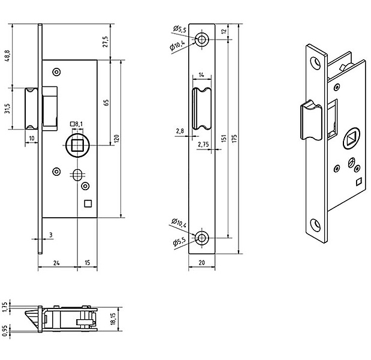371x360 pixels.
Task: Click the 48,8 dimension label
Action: (7, 56)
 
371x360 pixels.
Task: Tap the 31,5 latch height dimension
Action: (7, 108)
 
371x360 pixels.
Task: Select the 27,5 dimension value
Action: (105, 41)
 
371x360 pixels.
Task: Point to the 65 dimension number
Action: (107, 103)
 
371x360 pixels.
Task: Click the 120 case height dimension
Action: (117, 139)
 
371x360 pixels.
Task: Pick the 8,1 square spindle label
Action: (77, 124)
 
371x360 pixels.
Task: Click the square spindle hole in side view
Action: (77, 145)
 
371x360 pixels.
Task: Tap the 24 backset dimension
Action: (56, 263)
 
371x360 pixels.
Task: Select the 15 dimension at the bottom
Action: (88, 263)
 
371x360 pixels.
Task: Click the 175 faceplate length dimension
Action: (234, 139)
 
